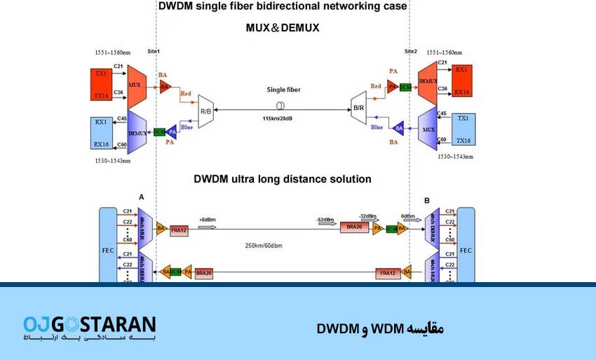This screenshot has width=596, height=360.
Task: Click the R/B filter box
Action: pos(206,111)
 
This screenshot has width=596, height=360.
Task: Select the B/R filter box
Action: pos(358,108)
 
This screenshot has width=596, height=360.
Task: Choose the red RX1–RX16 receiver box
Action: pos(461,81)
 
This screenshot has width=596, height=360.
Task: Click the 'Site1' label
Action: pos(154,52)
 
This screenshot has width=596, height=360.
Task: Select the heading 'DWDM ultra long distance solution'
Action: pos(282,179)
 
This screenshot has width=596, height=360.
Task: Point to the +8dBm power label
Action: pos(208,219)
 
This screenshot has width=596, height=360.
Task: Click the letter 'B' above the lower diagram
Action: pos(426,201)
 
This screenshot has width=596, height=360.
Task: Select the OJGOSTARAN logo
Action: pos(89,328)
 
